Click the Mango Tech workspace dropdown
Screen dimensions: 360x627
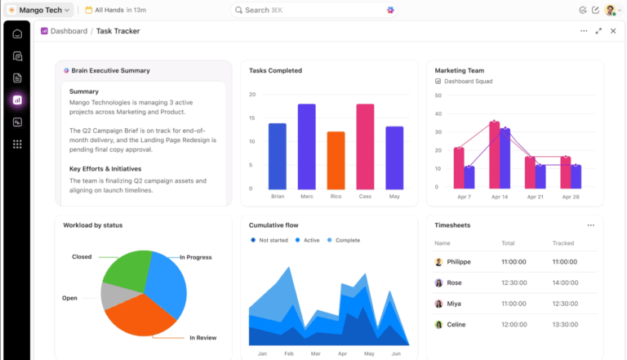(x=39, y=10)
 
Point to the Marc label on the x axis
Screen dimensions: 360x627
(x=307, y=197)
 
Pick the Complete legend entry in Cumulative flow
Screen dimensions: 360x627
(x=346, y=240)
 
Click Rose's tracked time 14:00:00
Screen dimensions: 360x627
(x=564, y=282)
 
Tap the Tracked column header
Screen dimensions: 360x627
(x=563, y=243)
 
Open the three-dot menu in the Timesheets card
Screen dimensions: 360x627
(x=590, y=225)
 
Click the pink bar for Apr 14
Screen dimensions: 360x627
(x=495, y=155)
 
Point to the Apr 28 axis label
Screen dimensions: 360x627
(x=571, y=197)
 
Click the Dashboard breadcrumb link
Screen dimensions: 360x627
(x=69, y=31)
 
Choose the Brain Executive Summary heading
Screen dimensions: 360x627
(x=110, y=71)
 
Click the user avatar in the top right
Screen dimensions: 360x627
(x=609, y=10)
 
